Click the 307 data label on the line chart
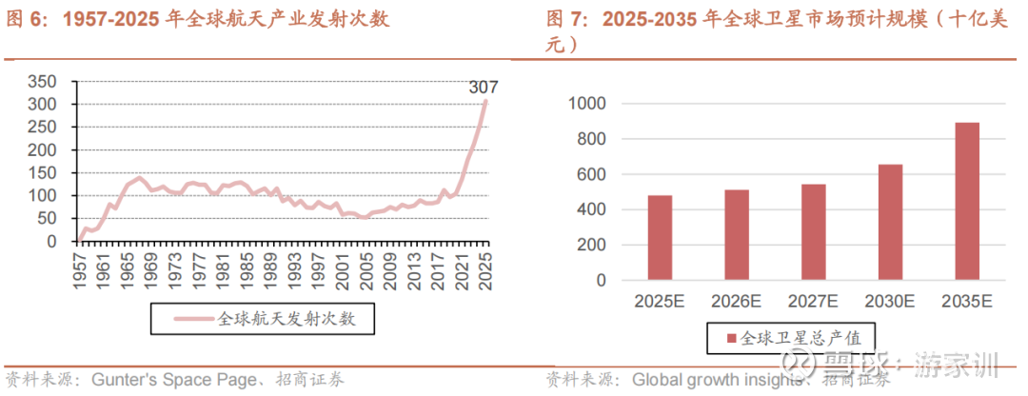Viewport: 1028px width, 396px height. click(x=484, y=88)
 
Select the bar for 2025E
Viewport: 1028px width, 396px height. click(x=660, y=238)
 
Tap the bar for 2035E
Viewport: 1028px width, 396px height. click(x=966, y=202)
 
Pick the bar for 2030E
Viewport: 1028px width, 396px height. click(x=890, y=223)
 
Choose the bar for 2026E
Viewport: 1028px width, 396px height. click(x=737, y=235)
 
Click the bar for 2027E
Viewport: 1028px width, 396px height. click(x=813, y=232)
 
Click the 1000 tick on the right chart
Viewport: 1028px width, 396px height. click(x=587, y=103)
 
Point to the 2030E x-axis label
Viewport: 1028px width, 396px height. click(x=890, y=301)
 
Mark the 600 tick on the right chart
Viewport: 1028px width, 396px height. click(x=593, y=174)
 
